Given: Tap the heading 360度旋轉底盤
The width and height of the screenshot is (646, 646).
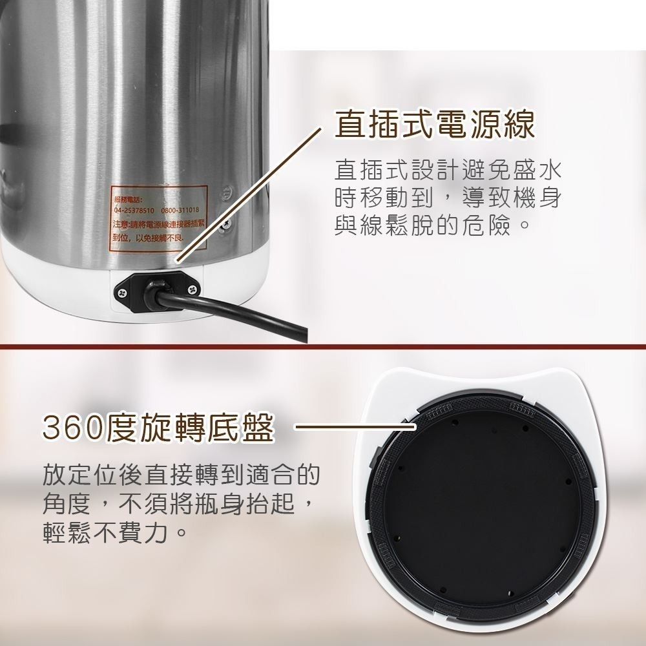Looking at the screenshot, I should point(158,428).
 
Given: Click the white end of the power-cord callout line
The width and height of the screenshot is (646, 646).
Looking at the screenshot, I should point(176,261).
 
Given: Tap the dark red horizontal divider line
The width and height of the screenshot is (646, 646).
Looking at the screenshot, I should point(323,348).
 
